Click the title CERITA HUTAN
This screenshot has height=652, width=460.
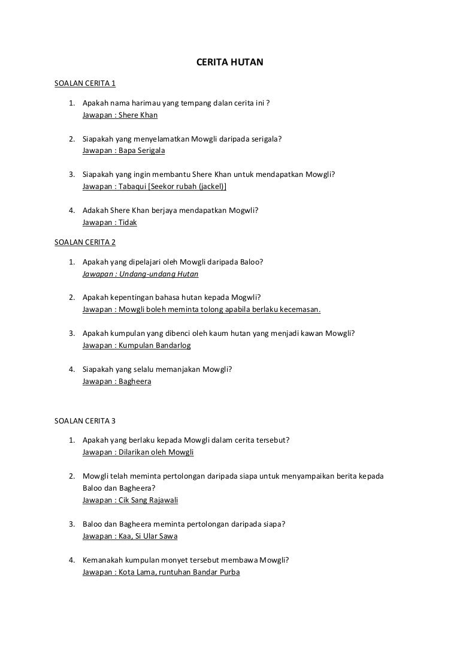pos(230,61)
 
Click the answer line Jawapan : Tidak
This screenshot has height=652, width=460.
pos(110,222)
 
